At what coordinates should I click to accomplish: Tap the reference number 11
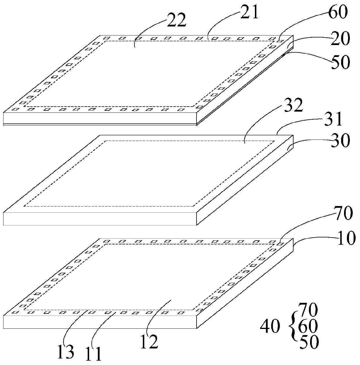(x=93, y=353)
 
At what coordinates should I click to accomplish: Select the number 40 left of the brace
(x=270, y=327)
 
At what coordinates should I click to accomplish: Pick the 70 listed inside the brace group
(x=309, y=310)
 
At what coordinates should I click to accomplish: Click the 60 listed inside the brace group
(x=309, y=327)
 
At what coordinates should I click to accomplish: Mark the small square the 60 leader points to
(x=280, y=41)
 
